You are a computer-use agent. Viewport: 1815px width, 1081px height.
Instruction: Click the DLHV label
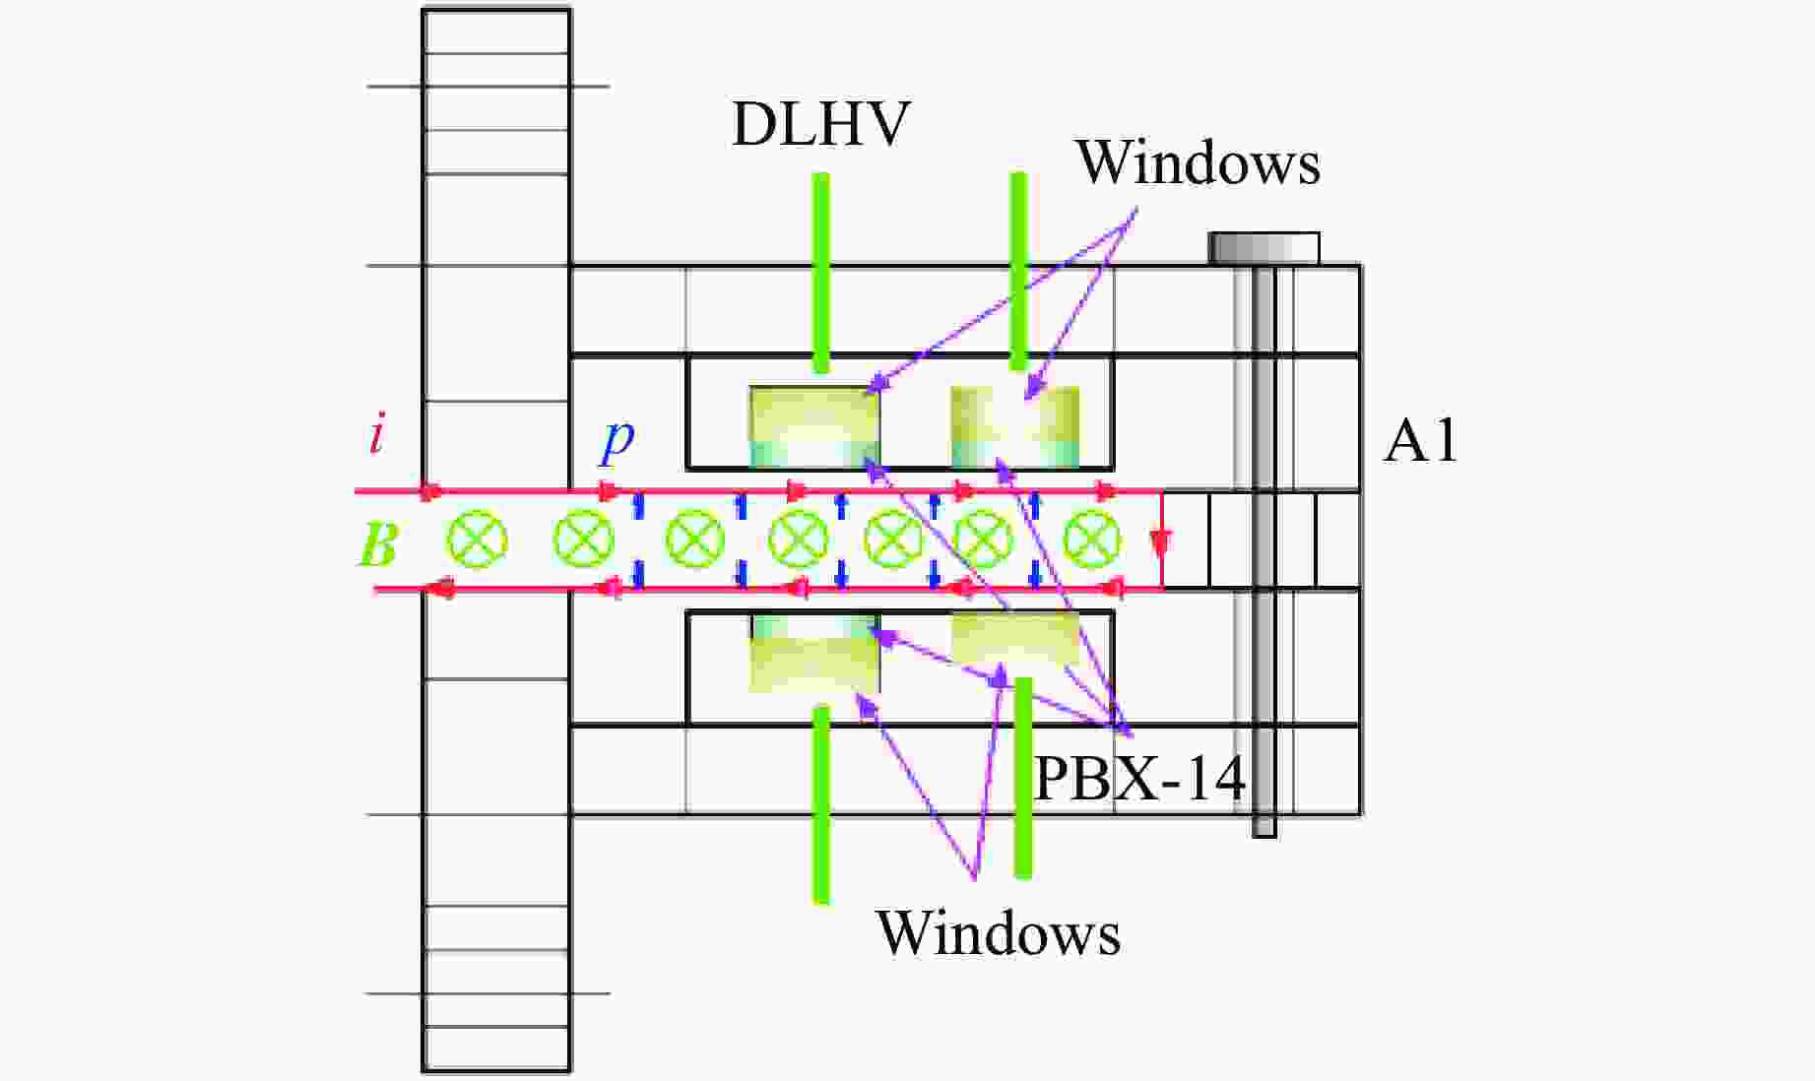[x=819, y=125]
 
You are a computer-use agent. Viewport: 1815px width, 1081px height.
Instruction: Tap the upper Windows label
[x=1197, y=162]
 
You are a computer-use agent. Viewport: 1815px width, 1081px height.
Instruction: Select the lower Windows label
[x=998, y=932]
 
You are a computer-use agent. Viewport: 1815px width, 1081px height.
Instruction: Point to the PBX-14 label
[x=1139, y=780]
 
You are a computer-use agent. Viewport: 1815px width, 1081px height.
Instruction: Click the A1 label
[x=1420, y=441]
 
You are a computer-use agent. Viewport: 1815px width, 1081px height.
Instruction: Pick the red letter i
[x=376, y=434]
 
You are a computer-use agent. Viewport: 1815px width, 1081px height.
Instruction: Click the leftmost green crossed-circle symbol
[x=478, y=540]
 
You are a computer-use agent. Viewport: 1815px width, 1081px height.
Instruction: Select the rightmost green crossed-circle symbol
[x=1092, y=540]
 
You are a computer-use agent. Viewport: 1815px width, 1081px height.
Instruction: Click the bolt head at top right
[x=1264, y=248]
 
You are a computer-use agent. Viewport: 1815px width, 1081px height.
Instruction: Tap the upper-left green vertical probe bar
[x=820, y=273]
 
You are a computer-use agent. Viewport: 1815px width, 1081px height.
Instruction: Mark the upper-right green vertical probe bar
[x=1018, y=271]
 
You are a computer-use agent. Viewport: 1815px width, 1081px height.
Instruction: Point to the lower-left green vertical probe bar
[x=820, y=803]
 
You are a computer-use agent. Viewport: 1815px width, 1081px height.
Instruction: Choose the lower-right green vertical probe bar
[x=1023, y=777]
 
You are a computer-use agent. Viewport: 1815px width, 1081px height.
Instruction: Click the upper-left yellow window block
[x=814, y=425]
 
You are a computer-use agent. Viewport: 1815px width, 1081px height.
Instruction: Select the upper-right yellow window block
[x=1014, y=426]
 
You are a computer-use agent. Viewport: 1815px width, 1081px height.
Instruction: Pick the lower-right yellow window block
[x=1014, y=638]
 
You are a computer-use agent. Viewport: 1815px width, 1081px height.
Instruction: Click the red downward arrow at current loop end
[x=1162, y=542]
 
